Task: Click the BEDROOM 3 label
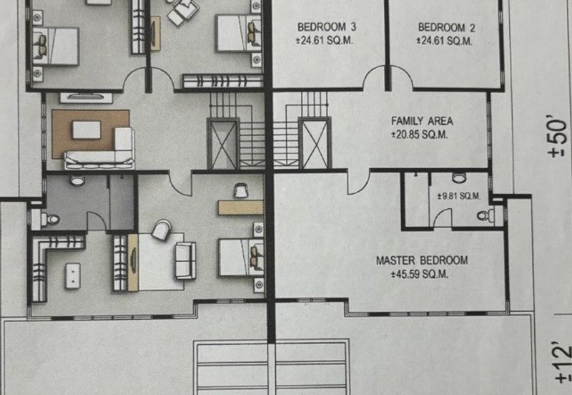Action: (327, 27)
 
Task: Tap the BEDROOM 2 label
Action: (446, 27)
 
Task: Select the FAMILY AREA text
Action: (422, 121)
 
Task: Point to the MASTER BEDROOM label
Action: (422, 260)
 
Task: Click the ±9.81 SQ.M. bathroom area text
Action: (459, 196)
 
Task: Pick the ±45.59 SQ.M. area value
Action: (420, 274)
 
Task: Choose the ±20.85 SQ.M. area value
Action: (420, 135)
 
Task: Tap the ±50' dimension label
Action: (558, 136)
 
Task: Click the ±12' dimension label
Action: (563, 364)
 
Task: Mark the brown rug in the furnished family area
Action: (91, 134)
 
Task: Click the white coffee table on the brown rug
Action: (87, 130)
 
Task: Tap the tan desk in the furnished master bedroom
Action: (241, 208)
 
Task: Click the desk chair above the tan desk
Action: (241, 190)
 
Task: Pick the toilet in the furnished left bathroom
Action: (51, 220)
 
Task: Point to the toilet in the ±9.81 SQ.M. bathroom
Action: (485, 215)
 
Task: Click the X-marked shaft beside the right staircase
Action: (315, 143)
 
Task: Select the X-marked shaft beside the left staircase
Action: (223, 144)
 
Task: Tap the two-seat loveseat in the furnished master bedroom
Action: (186, 260)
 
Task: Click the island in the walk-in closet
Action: (73, 276)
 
